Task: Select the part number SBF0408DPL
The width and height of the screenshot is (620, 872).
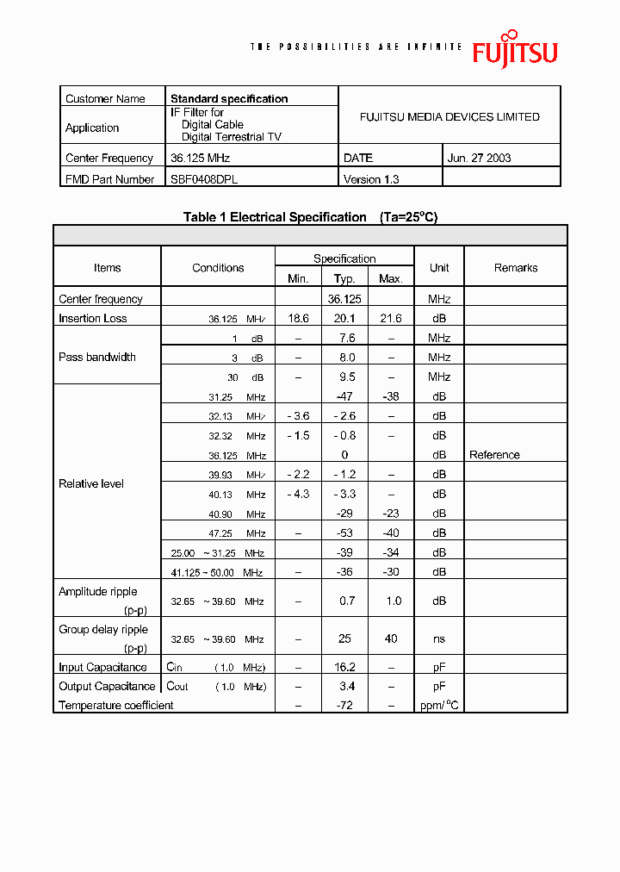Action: [x=204, y=179]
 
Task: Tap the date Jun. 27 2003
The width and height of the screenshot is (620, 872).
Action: [x=480, y=158]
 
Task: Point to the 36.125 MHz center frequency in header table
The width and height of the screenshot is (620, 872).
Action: [x=200, y=158]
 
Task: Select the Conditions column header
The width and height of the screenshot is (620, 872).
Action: [x=218, y=268]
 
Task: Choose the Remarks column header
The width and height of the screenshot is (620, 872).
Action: [x=516, y=268]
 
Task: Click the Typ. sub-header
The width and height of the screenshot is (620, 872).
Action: [x=344, y=278]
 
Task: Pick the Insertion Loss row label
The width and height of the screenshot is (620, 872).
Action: [x=93, y=318]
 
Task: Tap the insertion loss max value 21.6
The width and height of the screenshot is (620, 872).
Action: [x=391, y=318]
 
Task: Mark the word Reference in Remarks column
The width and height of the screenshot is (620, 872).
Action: [x=494, y=455]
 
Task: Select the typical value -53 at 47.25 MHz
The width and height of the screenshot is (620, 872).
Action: [x=344, y=533]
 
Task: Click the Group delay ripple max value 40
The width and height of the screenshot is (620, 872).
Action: [x=391, y=639]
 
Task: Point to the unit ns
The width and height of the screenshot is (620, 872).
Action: [x=439, y=639]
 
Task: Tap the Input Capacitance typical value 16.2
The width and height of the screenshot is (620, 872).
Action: [x=344, y=667]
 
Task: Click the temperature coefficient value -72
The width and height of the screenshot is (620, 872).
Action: [x=344, y=706]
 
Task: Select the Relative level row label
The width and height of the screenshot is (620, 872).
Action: [x=91, y=484]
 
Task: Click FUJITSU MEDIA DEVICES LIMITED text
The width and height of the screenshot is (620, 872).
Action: [x=449, y=117]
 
